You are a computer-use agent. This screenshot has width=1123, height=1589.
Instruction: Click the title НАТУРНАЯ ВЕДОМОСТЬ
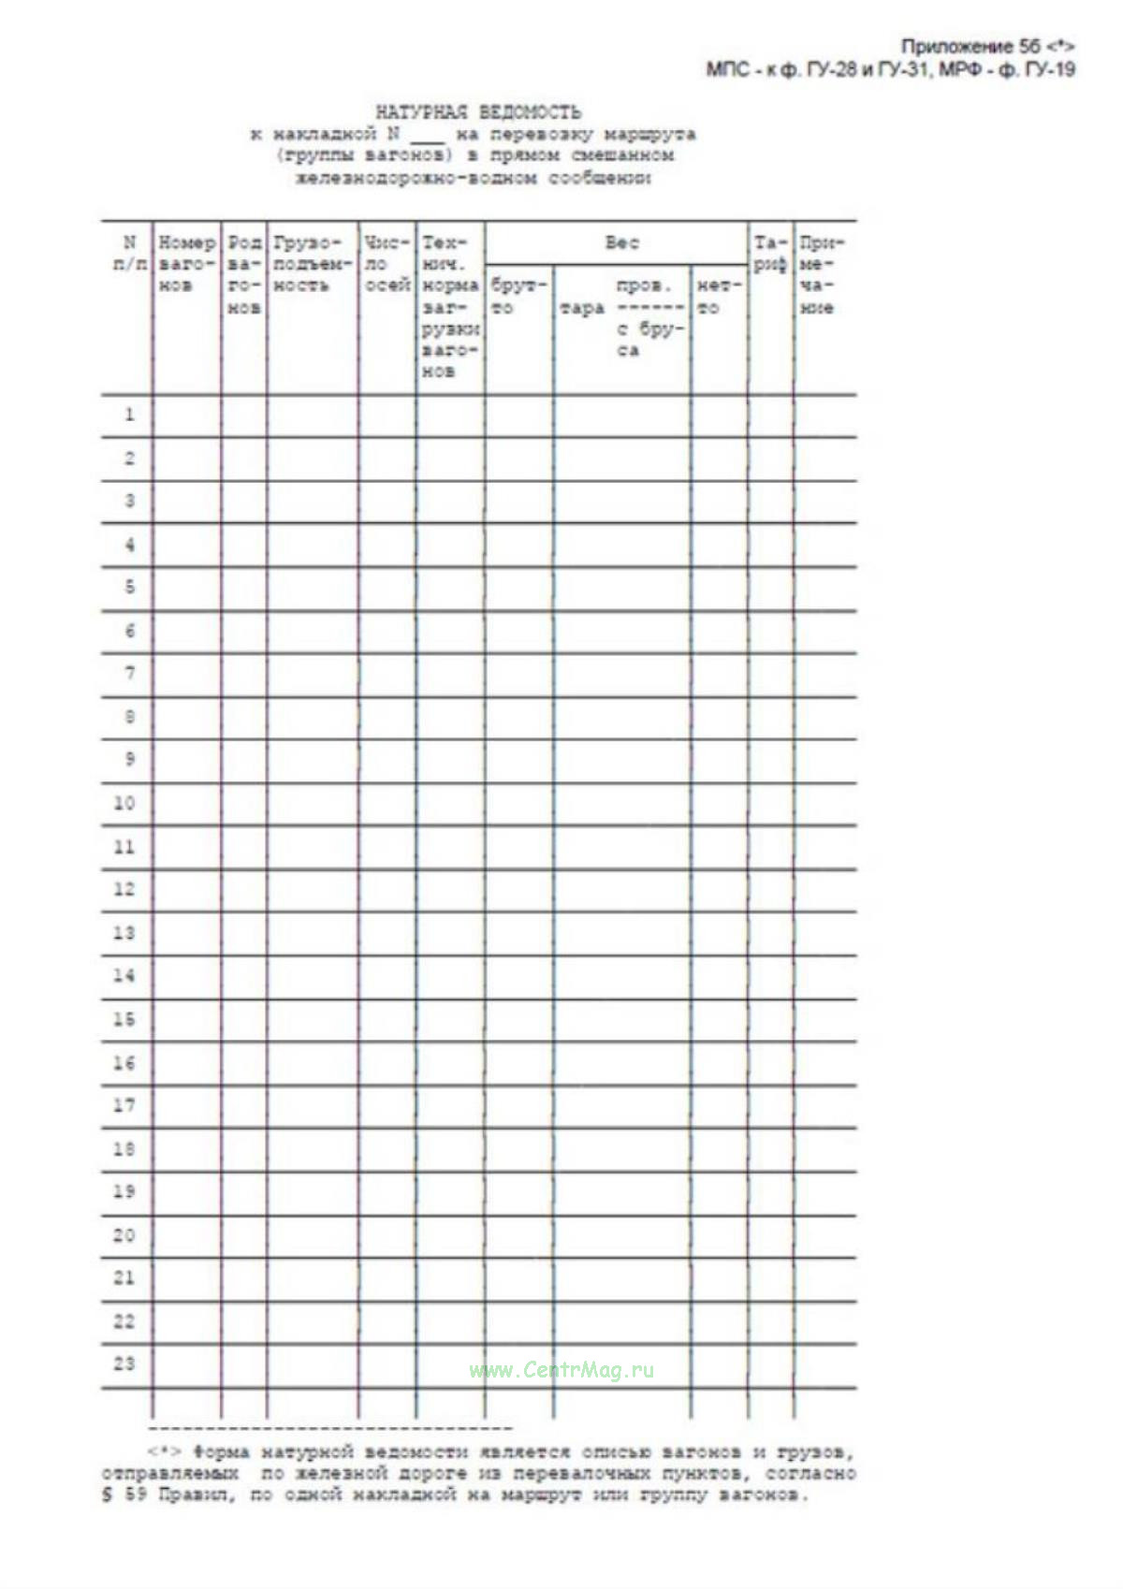(x=478, y=112)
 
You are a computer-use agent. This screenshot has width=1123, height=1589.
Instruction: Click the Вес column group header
(x=621, y=243)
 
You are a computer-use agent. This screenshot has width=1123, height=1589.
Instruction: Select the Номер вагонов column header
(x=186, y=264)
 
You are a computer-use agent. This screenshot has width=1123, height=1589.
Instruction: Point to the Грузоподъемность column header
(x=313, y=264)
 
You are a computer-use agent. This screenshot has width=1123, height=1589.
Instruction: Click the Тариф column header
(x=770, y=254)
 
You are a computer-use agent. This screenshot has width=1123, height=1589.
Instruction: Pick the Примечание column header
(x=822, y=275)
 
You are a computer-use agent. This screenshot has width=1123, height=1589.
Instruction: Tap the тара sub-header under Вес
(x=582, y=308)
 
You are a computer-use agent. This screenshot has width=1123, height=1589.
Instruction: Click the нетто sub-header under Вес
(x=719, y=296)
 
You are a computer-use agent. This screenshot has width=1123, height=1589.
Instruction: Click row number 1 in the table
(x=129, y=415)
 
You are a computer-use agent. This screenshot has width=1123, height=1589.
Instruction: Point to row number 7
(x=129, y=673)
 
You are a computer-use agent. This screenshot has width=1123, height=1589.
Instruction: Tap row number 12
(x=124, y=889)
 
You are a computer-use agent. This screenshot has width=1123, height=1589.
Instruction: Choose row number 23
(x=124, y=1363)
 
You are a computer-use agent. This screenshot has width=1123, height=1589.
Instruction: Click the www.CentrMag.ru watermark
(x=561, y=1371)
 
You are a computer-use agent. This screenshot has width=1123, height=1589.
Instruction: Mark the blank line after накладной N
(x=427, y=138)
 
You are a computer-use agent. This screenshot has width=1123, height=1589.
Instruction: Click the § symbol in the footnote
(x=107, y=1494)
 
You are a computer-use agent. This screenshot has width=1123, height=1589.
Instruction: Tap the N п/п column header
(x=129, y=254)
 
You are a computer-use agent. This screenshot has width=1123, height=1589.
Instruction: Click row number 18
(x=124, y=1148)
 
